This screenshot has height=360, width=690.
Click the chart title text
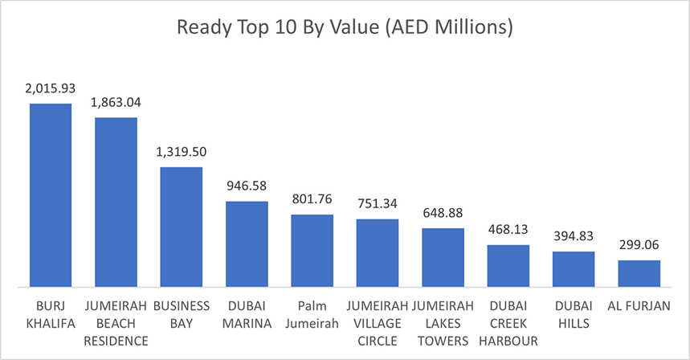click(345, 28)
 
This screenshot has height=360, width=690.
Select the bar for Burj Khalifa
click(51, 194)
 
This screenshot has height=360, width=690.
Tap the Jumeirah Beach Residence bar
click(116, 202)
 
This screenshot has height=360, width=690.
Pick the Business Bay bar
click(181, 227)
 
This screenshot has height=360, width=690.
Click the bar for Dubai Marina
click(247, 243)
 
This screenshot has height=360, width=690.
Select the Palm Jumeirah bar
click(312, 250)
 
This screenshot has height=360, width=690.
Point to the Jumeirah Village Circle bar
click(378, 252)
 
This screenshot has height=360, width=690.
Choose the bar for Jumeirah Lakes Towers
click(443, 257)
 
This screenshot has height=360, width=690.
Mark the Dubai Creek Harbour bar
click(508, 265)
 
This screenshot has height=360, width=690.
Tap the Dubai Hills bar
click(574, 268)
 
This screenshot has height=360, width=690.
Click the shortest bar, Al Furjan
click(639, 273)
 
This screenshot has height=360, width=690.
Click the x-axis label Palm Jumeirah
click(312, 314)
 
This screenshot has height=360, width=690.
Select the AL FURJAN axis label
click(639, 306)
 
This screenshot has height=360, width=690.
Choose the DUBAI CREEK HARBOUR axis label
click(508, 323)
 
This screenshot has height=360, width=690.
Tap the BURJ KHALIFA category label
click(51, 314)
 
